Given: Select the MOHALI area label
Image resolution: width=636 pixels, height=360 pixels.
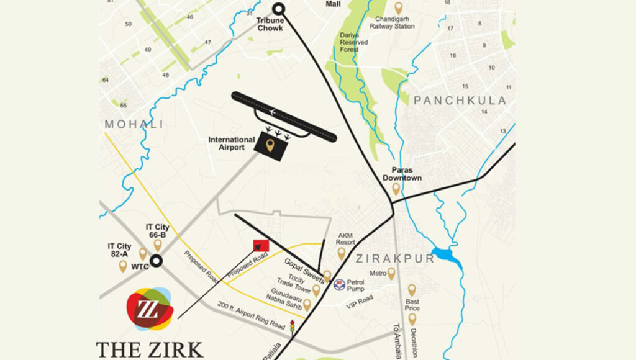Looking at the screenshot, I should (134, 124).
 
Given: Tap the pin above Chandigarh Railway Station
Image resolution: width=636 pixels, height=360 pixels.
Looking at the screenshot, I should (398, 8).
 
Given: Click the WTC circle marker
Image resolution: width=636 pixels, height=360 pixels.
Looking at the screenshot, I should (157, 261).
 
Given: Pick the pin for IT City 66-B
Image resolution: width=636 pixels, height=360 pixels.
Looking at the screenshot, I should (158, 245).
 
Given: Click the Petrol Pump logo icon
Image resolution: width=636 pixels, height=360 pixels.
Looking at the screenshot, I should (339, 285).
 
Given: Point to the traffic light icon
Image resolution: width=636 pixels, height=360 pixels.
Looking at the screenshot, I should (291, 326).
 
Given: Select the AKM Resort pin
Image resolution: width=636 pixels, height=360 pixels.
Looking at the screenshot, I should (341, 253).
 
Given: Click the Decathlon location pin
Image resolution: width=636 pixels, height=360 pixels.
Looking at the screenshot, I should (412, 319).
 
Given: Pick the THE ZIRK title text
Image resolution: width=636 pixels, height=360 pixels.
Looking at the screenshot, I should (149, 348).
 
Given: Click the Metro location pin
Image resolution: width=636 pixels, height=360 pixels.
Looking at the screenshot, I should (391, 273).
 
